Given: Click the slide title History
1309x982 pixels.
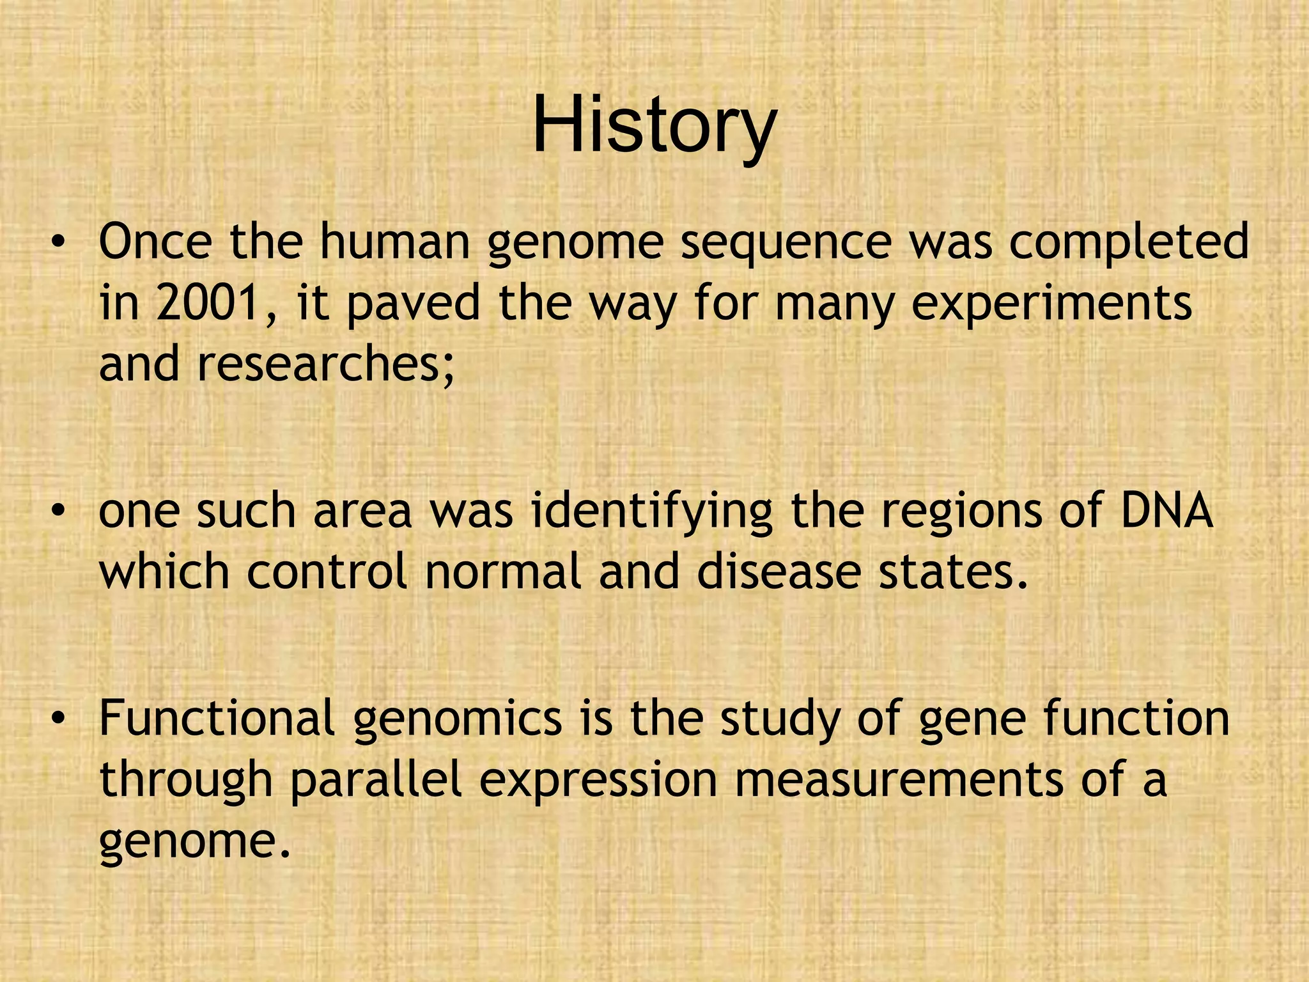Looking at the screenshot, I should (x=654, y=125).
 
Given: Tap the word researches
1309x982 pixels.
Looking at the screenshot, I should (x=325, y=364).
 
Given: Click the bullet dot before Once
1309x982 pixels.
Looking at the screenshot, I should (x=59, y=244).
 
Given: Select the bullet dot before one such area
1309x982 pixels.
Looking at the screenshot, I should (x=59, y=512).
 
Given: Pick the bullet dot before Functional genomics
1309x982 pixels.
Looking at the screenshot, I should (x=59, y=719).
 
